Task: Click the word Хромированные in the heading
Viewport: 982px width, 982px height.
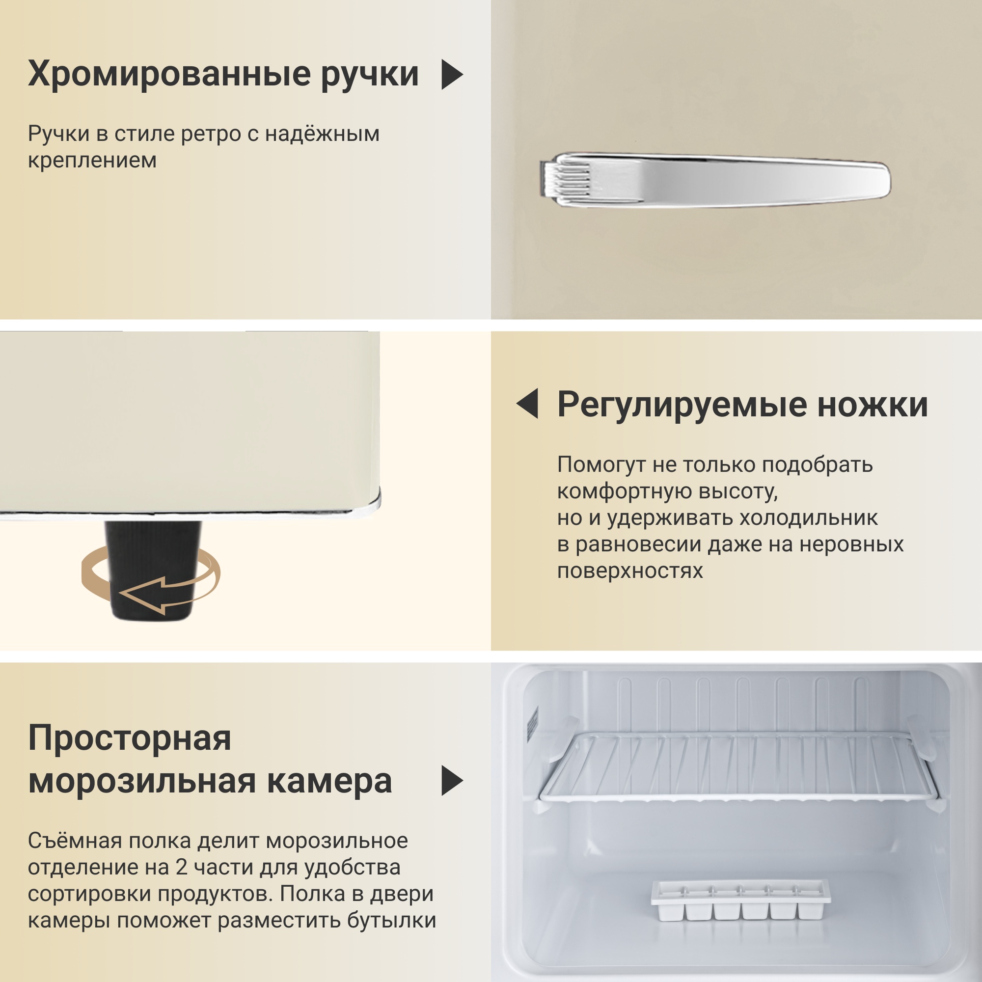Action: tap(169, 74)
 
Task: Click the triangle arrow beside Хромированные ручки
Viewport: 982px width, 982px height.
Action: tap(452, 75)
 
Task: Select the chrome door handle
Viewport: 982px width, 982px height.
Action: tap(714, 179)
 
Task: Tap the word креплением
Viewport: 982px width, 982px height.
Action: tap(92, 161)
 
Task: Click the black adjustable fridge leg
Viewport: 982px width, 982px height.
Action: tap(153, 570)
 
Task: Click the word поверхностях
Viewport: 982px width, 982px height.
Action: tap(630, 571)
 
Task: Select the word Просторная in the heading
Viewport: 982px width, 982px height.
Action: tap(130, 739)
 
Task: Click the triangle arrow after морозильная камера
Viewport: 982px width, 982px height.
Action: tap(452, 780)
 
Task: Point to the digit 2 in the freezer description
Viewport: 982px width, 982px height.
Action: tap(182, 867)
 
